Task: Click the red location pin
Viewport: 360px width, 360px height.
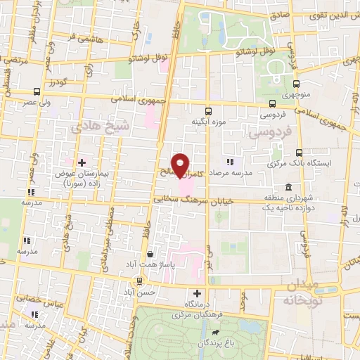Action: tap(181, 165)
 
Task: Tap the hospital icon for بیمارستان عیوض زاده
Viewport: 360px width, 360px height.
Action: tap(82, 163)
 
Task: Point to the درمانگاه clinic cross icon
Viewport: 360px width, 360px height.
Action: tap(197, 293)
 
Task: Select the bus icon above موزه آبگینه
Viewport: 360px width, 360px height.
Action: tap(207, 111)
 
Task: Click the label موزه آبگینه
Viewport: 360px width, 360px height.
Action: tap(207, 122)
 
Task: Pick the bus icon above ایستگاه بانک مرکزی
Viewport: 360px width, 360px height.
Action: tap(299, 153)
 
